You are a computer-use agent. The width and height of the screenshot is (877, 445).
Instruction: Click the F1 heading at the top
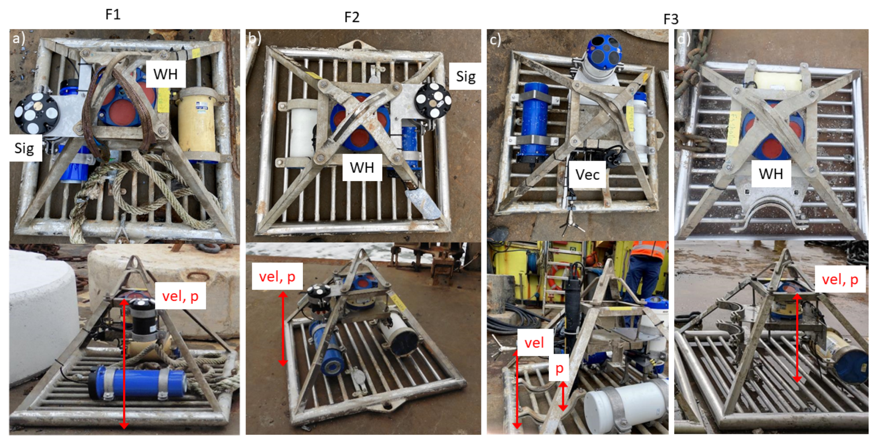point(113,14)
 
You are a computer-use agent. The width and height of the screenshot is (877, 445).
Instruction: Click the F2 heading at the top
point(352,17)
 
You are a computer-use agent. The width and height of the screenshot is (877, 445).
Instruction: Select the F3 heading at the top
point(671,19)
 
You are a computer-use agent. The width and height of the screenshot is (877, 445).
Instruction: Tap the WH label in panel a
point(165,74)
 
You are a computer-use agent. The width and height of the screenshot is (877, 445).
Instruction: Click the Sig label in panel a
point(24,148)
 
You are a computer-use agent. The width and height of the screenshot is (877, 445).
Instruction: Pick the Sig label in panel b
point(466,76)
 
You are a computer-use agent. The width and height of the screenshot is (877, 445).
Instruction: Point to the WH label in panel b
point(362,167)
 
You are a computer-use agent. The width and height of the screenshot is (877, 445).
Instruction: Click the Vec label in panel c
point(587,175)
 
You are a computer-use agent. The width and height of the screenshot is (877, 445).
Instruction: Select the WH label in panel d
point(771,174)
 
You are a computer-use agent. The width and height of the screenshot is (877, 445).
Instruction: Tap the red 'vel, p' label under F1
point(180,296)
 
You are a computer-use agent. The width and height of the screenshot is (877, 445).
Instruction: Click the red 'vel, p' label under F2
point(277,276)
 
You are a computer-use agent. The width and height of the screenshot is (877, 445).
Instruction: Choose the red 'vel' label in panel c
point(534,343)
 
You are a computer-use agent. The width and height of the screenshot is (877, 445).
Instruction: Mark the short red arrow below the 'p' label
point(563,396)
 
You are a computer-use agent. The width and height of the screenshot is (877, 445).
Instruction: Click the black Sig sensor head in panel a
point(37,113)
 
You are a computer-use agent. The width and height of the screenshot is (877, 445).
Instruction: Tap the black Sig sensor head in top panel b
point(433,100)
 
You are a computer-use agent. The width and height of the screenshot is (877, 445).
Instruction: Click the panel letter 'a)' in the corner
point(19,38)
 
